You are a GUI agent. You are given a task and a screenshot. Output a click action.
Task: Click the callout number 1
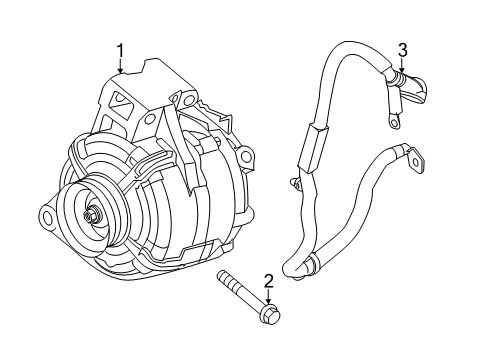point(120,49)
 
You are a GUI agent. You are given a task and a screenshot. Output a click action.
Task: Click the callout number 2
point(268,282)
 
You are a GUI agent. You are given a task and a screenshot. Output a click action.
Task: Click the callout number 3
point(403,49)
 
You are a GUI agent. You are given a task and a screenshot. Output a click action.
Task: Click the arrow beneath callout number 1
point(120,67)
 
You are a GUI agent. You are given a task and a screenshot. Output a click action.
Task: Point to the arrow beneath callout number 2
point(268,299)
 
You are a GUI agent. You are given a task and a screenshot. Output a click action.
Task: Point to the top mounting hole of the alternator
point(185,99)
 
